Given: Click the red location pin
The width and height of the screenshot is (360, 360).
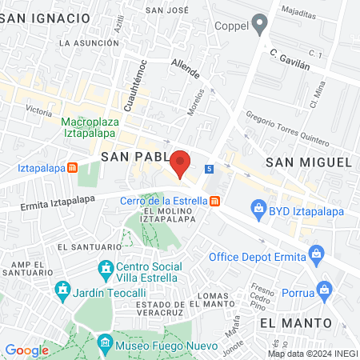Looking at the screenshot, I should coord(181,162).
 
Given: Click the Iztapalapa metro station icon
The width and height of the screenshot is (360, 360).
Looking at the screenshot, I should coord(73,168).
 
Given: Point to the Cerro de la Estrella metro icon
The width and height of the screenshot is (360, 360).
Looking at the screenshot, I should coord(214,201).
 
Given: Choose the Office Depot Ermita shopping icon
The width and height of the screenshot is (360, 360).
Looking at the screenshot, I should coord(317,256).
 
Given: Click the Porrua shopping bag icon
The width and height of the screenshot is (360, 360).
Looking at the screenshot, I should coord(323,288).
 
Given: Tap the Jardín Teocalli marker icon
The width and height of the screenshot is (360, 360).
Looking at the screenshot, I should coord(62,288).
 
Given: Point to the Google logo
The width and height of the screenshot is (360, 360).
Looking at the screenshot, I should coord(27,350).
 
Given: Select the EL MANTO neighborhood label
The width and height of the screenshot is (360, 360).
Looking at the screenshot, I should coord(295,322).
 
